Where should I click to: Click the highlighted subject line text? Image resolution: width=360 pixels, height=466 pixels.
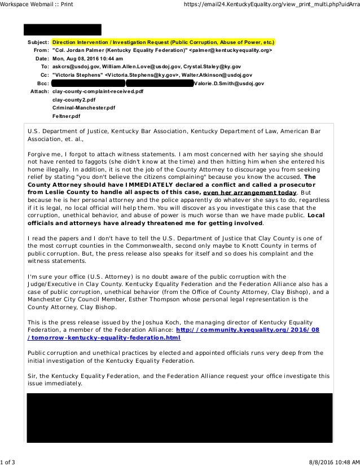163,42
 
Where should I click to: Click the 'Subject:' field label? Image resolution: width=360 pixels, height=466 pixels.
38,42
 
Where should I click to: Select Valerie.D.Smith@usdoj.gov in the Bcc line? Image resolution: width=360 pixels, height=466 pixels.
229,83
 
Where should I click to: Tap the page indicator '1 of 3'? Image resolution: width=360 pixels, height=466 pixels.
8,462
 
